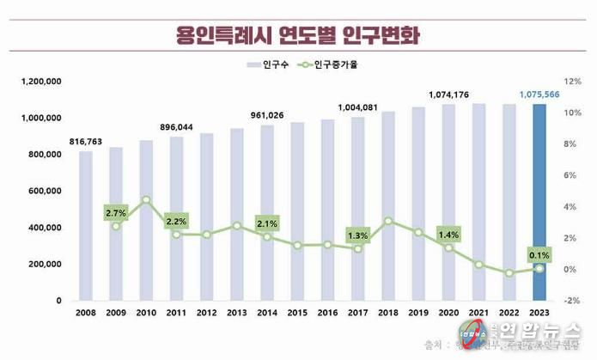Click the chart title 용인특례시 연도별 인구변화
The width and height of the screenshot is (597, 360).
click(x=298, y=35)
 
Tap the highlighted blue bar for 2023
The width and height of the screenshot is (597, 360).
click(x=539, y=202)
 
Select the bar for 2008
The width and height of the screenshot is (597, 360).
click(x=86, y=226)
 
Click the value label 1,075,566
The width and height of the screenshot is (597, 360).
click(x=539, y=95)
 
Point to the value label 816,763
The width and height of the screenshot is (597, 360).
click(x=86, y=142)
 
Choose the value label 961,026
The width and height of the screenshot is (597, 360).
click(x=267, y=115)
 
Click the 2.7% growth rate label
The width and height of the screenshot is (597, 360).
click(x=116, y=212)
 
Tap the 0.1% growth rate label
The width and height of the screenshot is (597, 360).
click(x=539, y=254)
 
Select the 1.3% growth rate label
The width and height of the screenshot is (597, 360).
click(x=357, y=235)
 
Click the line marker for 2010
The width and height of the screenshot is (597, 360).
click(x=146, y=199)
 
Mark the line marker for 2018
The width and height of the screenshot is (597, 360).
click(x=388, y=221)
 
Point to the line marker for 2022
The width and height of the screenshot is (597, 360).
click(x=509, y=273)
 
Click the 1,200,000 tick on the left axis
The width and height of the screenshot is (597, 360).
click(x=36, y=82)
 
